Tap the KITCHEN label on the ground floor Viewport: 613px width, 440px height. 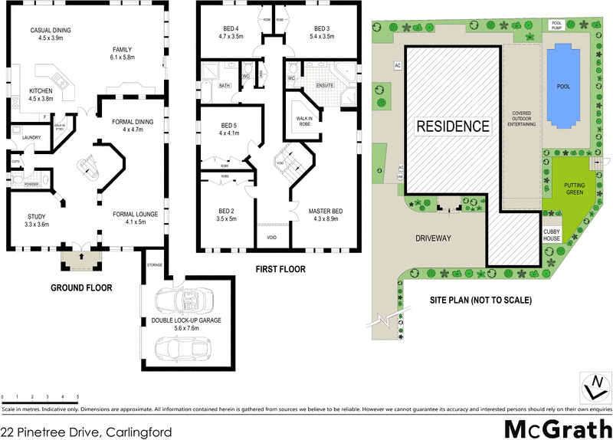pos(40,94)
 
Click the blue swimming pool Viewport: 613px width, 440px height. pos(562,86)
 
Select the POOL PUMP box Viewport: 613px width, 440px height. pos(558,25)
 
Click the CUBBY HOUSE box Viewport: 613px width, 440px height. pos(552,234)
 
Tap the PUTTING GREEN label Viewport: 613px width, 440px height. pos(575,189)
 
